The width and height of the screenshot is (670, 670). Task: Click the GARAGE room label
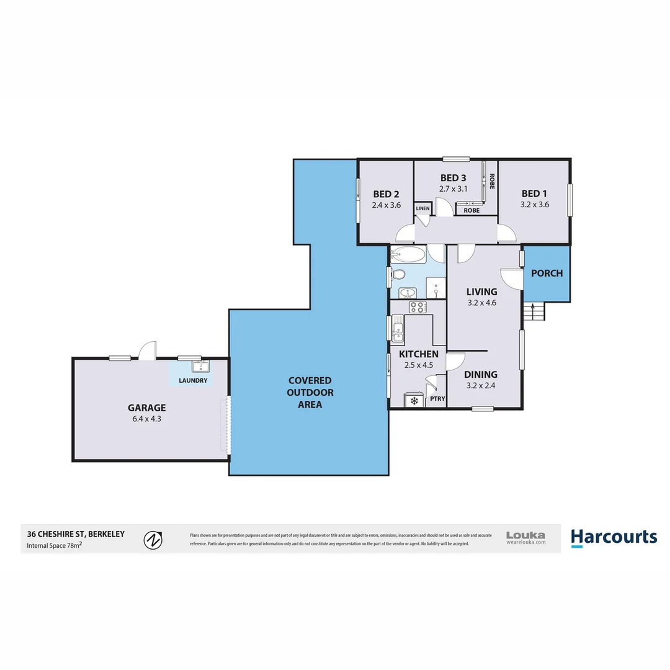coord(146,408)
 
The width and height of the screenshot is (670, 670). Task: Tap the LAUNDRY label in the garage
coord(192,380)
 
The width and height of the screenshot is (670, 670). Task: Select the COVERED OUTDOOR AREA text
coord(310,392)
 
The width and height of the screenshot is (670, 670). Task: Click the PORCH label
coord(547,273)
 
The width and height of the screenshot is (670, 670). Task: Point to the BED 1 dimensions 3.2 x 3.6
coord(535,204)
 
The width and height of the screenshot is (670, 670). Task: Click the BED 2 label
coord(386,193)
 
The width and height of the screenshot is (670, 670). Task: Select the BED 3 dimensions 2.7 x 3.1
coord(453,189)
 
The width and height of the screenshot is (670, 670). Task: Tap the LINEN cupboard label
coord(422,208)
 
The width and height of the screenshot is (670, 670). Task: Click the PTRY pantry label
coord(437,399)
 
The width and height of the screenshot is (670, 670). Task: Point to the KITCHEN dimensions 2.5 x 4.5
coord(418,365)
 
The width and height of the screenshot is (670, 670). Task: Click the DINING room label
coord(481,374)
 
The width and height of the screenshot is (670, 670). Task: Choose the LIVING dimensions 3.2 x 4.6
coord(481,303)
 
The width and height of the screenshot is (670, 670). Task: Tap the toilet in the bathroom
coord(398,274)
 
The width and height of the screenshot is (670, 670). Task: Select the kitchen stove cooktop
coord(418,306)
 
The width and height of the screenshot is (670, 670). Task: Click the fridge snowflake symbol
coord(413,400)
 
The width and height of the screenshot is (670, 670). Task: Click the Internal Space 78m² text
coord(55,546)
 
